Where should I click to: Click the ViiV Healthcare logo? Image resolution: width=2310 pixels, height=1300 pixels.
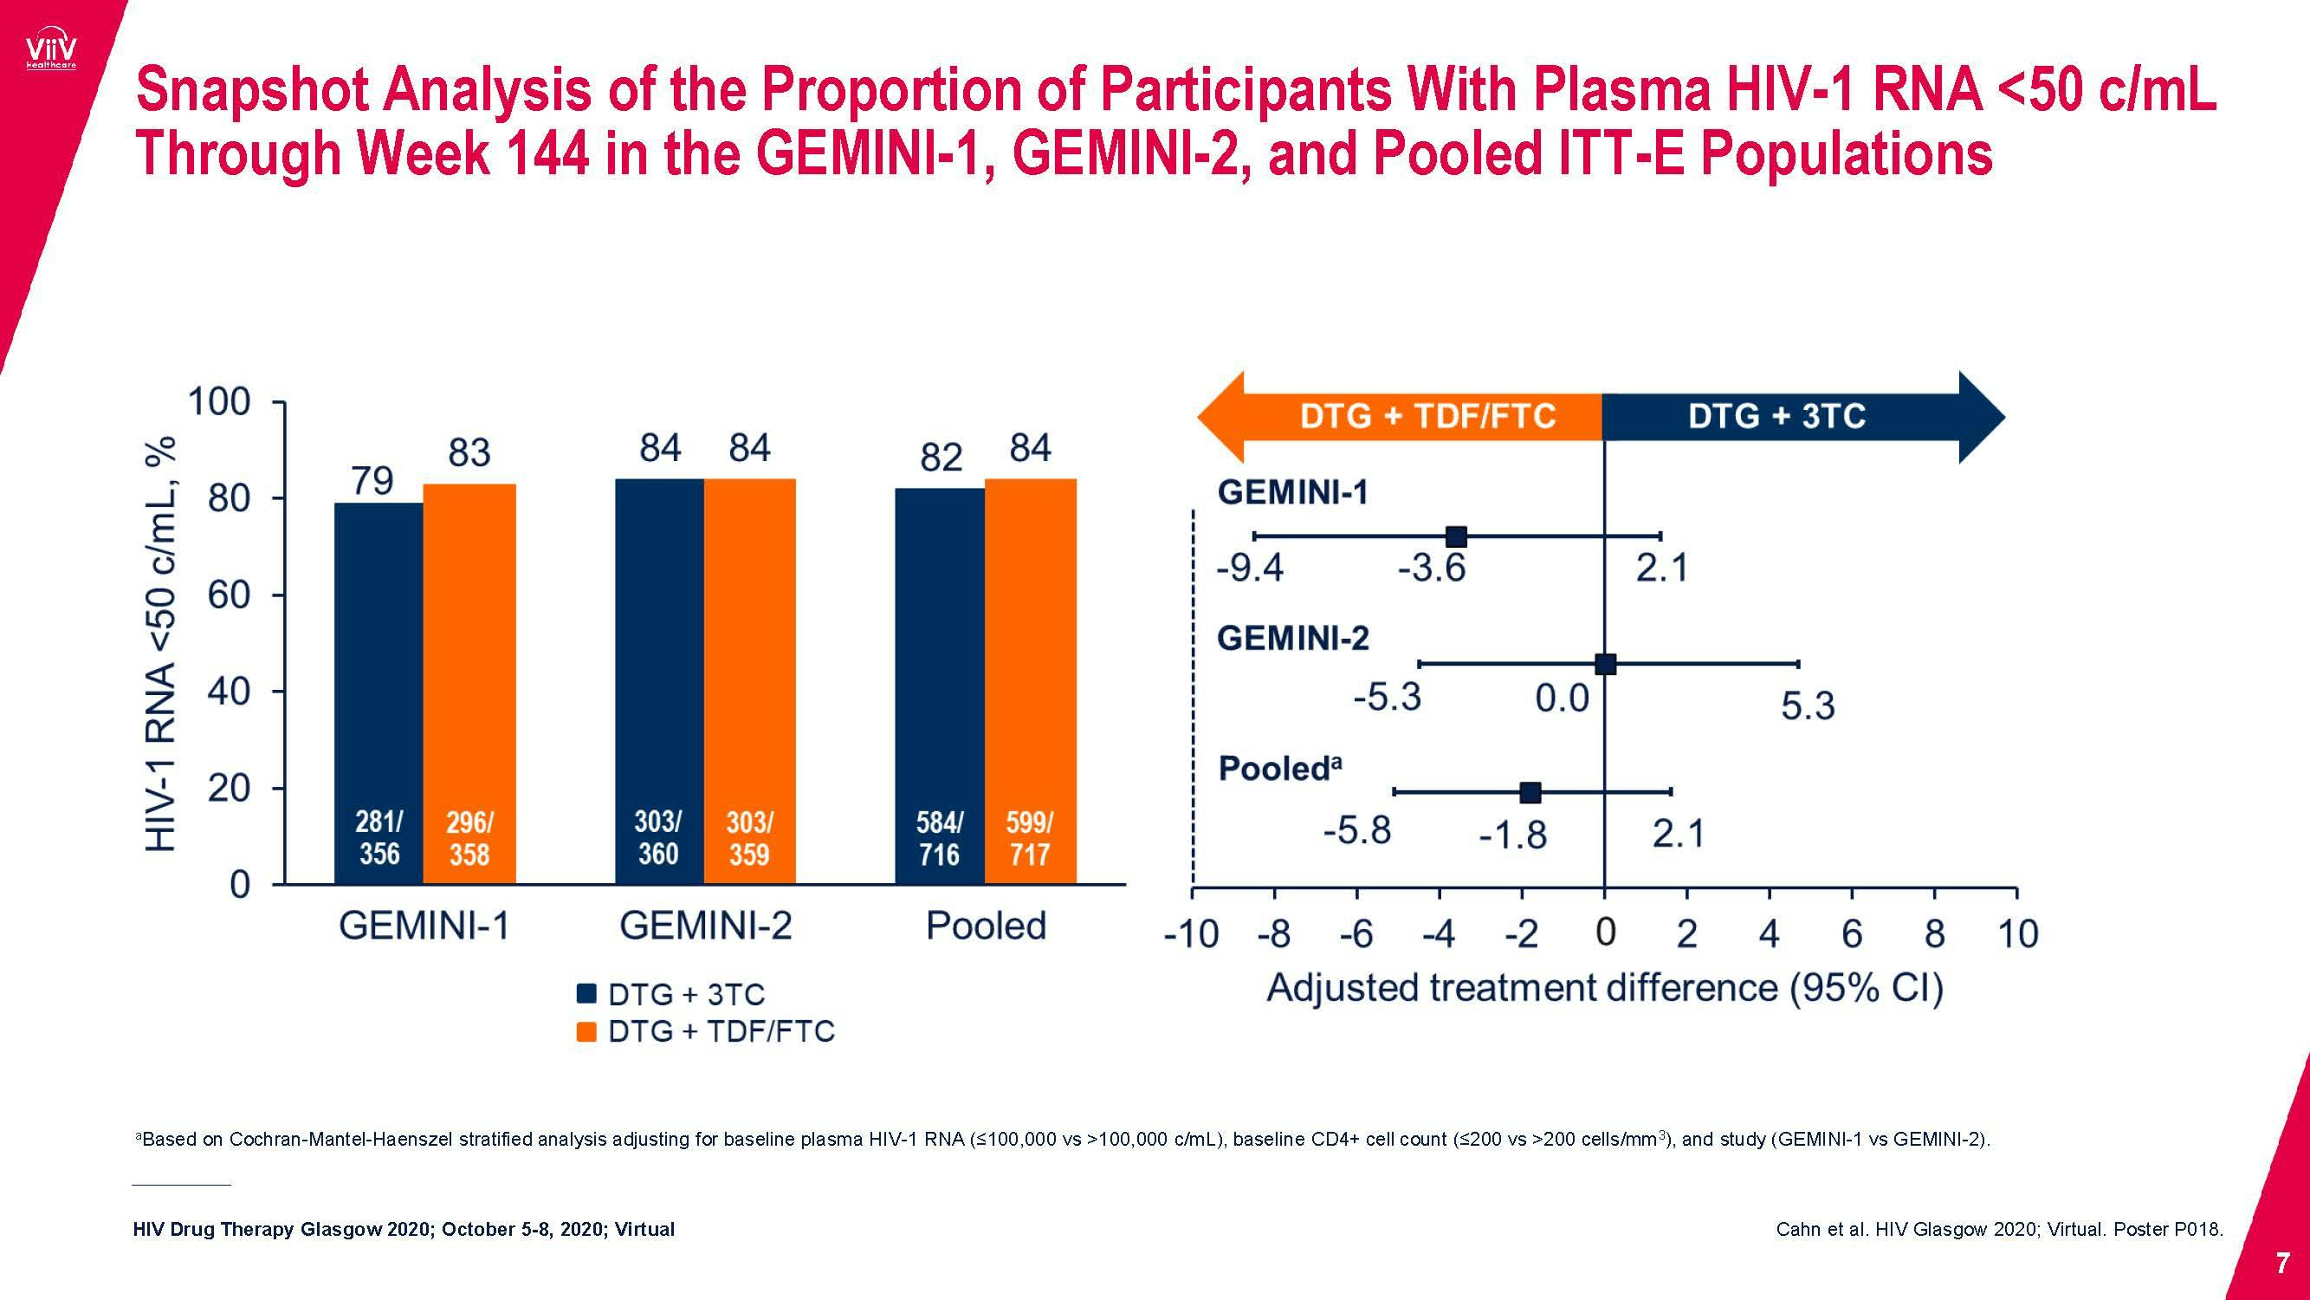click(x=51, y=53)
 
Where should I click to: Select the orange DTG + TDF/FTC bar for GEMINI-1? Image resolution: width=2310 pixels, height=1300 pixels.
click(x=469, y=682)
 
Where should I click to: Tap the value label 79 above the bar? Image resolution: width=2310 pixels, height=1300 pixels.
click(x=372, y=482)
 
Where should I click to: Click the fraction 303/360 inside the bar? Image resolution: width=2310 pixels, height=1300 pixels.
click(x=658, y=838)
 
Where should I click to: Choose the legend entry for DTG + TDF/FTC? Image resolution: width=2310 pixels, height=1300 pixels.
click(x=705, y=1031)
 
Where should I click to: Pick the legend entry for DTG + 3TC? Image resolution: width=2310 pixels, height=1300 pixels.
click(x=670, y=995)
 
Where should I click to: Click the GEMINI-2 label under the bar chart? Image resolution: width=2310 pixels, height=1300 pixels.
click(x=706, y=926)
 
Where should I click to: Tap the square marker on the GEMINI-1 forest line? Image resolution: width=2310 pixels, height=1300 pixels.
click(x=1456, y=536)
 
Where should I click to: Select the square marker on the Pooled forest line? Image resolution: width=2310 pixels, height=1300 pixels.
click(x=1530, y=792)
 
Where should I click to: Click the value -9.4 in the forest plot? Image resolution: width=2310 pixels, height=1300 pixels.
click(x=1249, y=569)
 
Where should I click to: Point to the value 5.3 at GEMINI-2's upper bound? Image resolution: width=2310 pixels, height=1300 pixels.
click(x=1807, y=707)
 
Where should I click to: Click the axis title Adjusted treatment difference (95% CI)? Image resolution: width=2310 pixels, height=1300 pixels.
click(x=1604, y=989)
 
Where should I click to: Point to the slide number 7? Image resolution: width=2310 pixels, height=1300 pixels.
click(x=2283, y=1264)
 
